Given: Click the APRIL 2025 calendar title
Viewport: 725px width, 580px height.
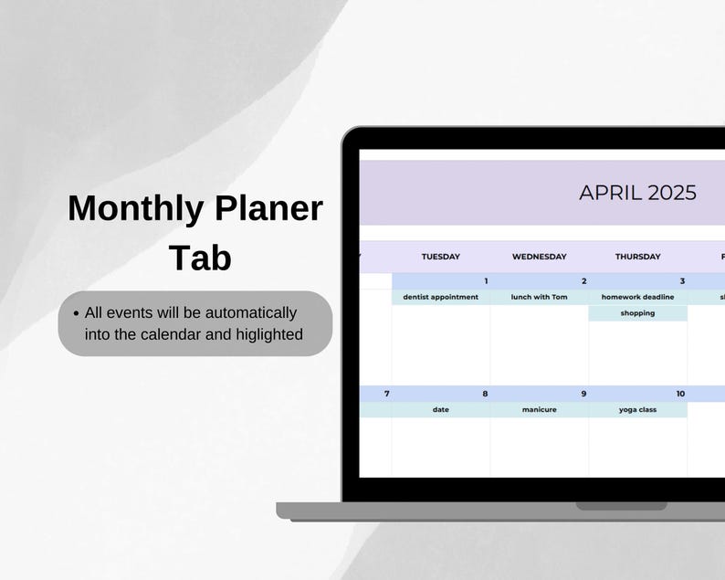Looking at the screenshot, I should [637, 193].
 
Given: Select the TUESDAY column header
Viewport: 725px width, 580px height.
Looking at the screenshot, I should [440, 257].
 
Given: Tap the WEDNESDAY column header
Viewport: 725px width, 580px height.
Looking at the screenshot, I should [539, 257].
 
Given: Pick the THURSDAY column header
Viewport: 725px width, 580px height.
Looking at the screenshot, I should [637, 257].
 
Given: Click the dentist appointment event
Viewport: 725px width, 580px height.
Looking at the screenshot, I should [440, 297].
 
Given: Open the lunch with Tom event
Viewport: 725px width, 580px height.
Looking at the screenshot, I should [539, 297].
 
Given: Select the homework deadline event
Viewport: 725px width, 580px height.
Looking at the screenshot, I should [637, 297].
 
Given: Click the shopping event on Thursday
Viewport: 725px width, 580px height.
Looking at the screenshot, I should [637, 313].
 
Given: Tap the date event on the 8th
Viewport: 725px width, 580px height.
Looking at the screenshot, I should [440, 410].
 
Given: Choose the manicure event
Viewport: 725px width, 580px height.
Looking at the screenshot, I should [539, 410].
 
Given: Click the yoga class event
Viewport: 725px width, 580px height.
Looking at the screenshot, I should [637, 410].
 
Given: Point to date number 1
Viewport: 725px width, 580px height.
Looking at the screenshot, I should [485, 281].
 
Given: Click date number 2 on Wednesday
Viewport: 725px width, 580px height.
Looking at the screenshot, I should [583, 281].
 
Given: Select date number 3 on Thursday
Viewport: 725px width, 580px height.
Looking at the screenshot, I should [681, 281].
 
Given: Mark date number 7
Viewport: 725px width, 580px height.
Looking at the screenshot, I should [386, 394].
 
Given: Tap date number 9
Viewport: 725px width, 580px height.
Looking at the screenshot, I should [583, 394].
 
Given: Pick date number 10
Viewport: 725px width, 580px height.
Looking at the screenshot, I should [680, 394].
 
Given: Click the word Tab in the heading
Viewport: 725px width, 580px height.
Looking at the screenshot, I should [200, 258].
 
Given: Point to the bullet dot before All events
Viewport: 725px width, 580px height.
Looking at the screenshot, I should [76, 312].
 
